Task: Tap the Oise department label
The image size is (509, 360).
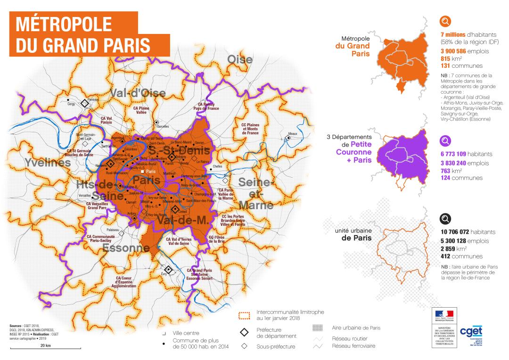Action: coord(240,60)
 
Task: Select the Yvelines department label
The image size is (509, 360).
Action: coord(45,163)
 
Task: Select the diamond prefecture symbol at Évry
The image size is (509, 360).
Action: coord(168,269)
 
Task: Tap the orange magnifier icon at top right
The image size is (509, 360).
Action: coord(445,21)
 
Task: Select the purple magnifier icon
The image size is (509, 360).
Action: coord(445,140)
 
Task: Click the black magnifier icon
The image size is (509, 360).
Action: coord(445,218)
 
